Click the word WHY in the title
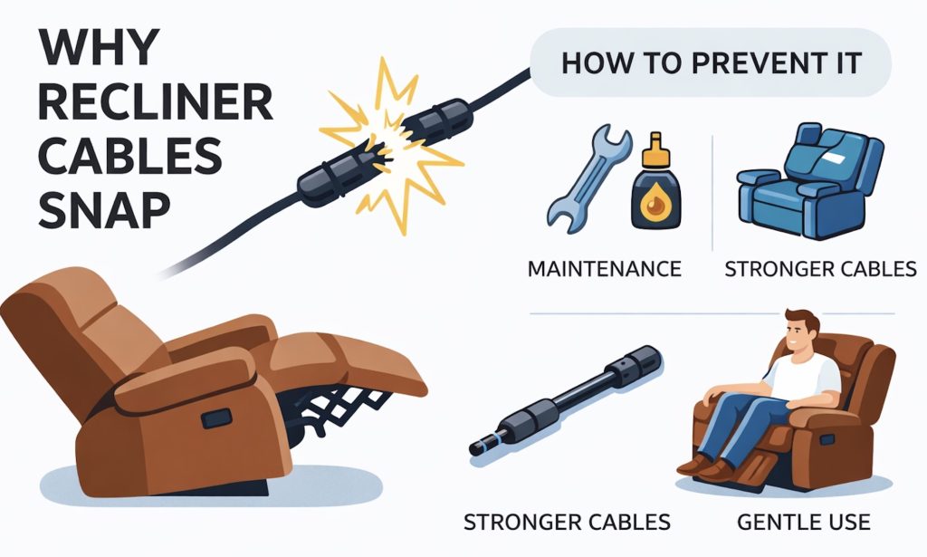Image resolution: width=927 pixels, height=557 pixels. point(100,47)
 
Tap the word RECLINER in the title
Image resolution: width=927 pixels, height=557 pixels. point(156,101)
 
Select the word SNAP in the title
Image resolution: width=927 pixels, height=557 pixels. point(104,210)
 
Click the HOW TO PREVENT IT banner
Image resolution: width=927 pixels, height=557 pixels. point(711,62)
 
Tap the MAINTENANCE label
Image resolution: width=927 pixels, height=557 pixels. point(604,269)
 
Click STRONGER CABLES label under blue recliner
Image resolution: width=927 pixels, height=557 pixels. point(820,269)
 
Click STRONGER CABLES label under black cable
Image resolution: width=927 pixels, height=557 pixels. point(567,522)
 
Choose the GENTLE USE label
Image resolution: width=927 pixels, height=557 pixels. point(804,522)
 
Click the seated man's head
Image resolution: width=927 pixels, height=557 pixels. point(801,332)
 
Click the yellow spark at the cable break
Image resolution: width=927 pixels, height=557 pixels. point(389,142)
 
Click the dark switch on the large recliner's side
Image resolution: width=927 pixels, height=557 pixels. point(216,418)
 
